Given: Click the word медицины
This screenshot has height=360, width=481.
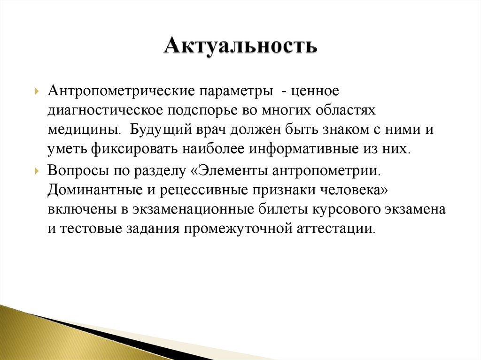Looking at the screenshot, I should pyautogui.click(x=82, y=129).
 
